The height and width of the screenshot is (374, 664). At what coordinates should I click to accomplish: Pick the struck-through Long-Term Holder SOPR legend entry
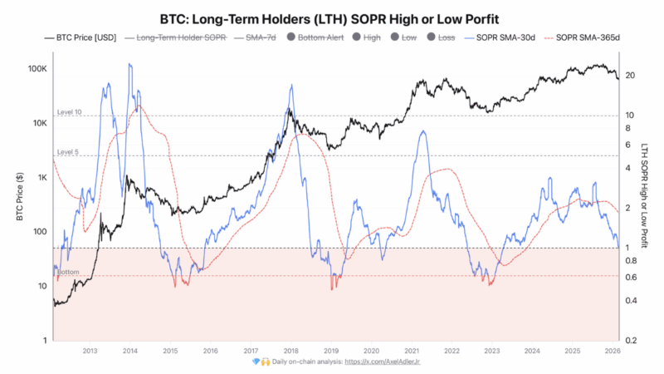pyautogui.click(x=173, y=37)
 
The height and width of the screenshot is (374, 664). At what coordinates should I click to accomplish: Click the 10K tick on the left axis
pyautogui.click(x=39, y=123)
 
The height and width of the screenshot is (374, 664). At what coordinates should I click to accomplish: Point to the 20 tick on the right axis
pyautogui.click(x=631, y=76)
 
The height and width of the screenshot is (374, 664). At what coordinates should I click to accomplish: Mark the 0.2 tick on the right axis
pyautogui.click(x=632, y=341)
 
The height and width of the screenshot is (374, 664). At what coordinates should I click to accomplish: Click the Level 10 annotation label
pyautogui.click(x=70, y=111)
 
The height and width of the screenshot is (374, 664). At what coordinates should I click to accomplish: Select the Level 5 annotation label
pyautogui.click(x=68, y=152)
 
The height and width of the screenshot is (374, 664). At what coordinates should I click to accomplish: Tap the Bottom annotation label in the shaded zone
pyautogui.click(x=68, y=272)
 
